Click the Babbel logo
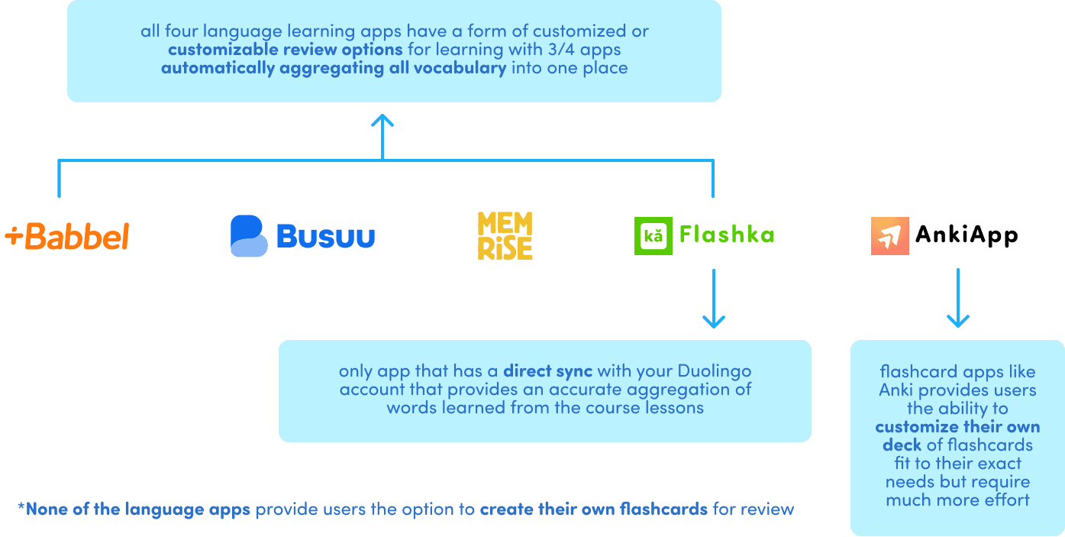(67, 237)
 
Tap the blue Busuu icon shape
(249, 236)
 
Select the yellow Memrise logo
(505, 236)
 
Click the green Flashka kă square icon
(653, 236)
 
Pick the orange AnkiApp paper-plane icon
(889, 236)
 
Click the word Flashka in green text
(728, 235)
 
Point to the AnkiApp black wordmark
(967, 235)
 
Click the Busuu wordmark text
(326, 236)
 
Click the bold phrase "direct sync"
(547, 371)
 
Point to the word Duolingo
(715, 371)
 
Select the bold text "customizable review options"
(285, 50)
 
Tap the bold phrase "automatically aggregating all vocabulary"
(334, 68)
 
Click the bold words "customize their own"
(957, 427)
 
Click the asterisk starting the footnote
(21, 507)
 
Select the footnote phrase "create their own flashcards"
(594, 509)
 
